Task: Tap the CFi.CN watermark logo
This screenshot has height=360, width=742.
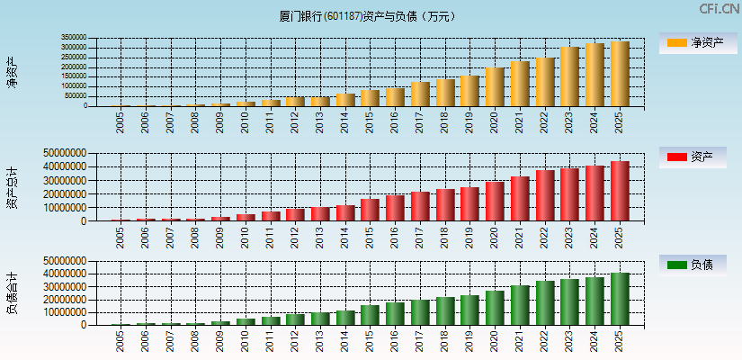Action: pos(720,9)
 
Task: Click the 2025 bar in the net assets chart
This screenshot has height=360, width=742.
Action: pos(620,74)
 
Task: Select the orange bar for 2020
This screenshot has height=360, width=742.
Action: pos(495,87)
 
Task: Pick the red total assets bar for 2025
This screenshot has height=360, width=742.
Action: pos(620,191)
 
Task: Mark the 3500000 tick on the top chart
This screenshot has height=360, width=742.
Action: pos(74,38)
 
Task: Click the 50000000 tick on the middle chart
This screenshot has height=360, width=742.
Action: pos(65,153)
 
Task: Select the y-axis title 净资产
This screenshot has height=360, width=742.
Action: pos(12,72)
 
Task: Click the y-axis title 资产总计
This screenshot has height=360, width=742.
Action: pos(12,187)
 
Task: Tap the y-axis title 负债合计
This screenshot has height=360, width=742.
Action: pos(12,292)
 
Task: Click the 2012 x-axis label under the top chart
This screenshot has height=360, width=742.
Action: pos(296,121)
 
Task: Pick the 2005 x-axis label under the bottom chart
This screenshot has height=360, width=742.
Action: pos(121,340)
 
